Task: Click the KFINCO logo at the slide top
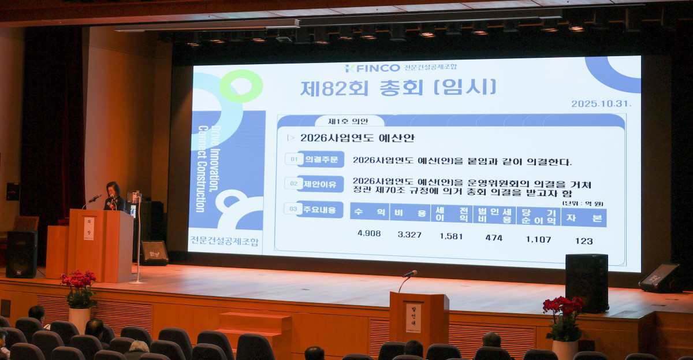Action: pyautogui.click(x=372, y=68)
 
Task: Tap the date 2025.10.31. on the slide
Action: pyautogui.click(x=601, y=103)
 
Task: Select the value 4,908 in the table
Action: pyautogui.click(x=369, y=233)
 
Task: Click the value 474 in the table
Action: pyautogui.click(x=494, y=237)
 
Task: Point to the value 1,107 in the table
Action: pyautogui.click(x=538, y=239)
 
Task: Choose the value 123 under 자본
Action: pyautogui.click(x=583, y=240)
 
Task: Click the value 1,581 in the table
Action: pyautogui.click(x=451, y=236)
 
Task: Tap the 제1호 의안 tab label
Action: pyautogui.click(x=348, y=121)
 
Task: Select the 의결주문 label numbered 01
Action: pyautogui.click(x=320, y=159)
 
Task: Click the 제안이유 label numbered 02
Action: pyautogui.click(x=320, y=184)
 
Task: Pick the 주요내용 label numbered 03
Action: pyautogui.click(x=319, y=209)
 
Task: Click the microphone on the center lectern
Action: pyautogui.click(x=410, y=273)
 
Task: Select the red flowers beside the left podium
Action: pyautogui.click(x=79, y=287)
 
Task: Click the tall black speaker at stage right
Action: pyautogui.click(x=586, y=283)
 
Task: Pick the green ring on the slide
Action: pyautogui.click(x=240, y=86)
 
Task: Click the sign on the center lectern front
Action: pyautogui.click(x=413, y=318)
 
